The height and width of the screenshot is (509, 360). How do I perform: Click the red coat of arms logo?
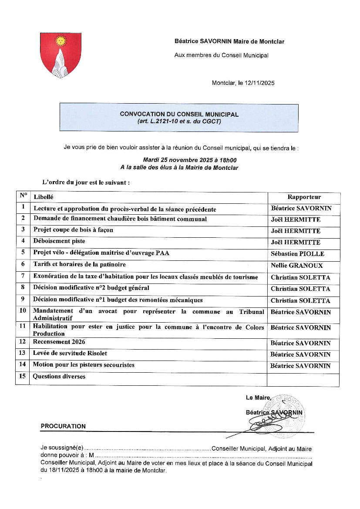61,55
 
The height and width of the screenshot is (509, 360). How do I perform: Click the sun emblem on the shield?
61,41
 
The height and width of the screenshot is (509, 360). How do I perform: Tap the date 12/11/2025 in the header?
260,83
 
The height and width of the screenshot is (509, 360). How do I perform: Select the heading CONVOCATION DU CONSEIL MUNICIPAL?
179,114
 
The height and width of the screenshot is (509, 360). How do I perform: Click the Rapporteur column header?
304,197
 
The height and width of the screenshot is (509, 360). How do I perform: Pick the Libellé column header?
44,197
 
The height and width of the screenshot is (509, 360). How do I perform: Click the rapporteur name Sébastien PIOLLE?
297,254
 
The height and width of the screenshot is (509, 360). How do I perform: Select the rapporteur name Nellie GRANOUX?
297,266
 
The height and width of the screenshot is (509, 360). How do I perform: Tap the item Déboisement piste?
59,241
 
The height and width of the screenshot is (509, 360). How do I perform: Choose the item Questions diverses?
59,377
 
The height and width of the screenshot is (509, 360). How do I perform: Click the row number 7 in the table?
23,276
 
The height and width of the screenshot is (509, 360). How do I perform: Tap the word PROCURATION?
63,426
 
